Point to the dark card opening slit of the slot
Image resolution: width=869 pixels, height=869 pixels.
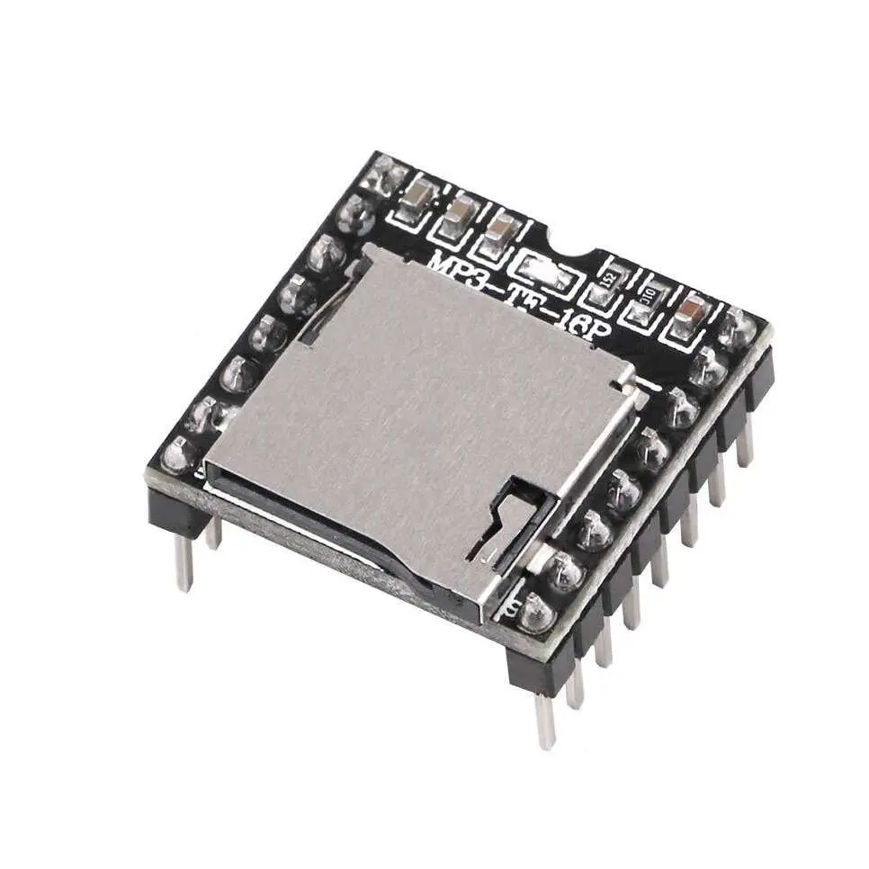pyautogui.click(x=333, y=531)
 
